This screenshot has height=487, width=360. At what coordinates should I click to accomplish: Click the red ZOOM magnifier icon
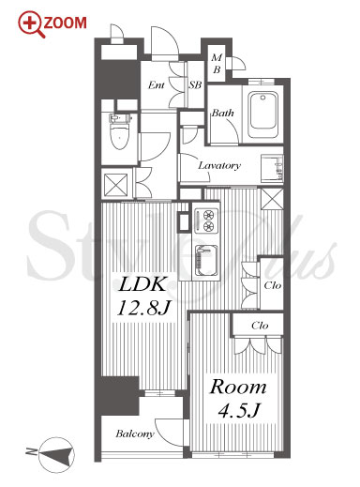(30, 24)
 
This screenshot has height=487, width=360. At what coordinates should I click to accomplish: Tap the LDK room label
(142, 284)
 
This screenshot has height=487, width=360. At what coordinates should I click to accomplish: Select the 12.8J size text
(143, 308)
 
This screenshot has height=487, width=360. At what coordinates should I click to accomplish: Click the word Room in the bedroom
(238, 388)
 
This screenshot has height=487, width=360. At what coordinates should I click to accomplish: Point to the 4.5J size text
(239, 410)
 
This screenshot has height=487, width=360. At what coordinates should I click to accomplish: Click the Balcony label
(135, 434)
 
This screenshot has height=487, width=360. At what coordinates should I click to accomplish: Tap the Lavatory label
(219, 165)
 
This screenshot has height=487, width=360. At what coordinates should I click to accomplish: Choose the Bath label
(222, 113)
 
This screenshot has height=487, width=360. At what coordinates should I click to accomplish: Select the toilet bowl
(119, 132)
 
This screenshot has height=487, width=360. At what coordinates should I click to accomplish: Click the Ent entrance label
(157, 84)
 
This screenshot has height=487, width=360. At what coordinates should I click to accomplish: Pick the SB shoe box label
(195, 84)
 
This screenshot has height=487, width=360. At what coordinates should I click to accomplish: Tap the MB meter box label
(217, 64)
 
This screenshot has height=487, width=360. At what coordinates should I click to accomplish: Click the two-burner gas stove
(206, 221)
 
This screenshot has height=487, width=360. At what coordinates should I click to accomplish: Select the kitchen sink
(206, 261)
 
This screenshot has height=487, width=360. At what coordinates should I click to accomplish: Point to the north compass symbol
(56, 454)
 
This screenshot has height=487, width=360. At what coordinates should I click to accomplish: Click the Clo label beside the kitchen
(273, 285)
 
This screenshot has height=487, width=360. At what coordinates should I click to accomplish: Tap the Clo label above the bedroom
(260, 326)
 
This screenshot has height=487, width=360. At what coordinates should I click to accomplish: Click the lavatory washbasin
(272, 168)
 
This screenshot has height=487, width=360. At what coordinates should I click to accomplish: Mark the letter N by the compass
(31, 451)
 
